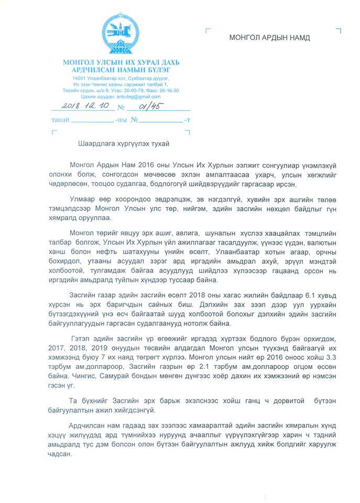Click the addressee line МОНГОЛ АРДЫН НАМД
pos(269,38)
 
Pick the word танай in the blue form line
pos(58,120)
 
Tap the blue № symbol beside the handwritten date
pos(121,108)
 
